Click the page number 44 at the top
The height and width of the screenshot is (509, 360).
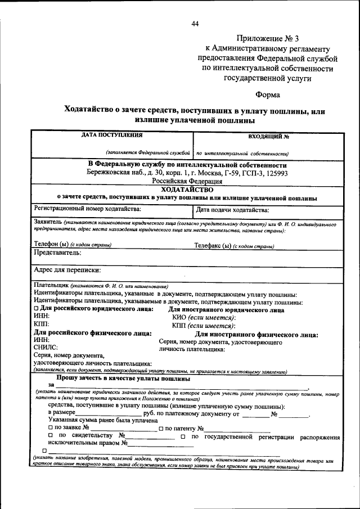195,23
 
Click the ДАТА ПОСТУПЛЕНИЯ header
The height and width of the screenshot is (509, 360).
111,135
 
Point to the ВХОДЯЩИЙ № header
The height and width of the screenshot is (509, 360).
268,136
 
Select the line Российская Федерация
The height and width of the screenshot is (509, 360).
187,182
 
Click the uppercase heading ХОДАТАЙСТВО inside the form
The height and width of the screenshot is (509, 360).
187,190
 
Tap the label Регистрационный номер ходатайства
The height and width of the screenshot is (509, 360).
87,209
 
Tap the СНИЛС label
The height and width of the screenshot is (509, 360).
46,348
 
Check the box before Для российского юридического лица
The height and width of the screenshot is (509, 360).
36,309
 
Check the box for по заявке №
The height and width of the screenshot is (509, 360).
51,429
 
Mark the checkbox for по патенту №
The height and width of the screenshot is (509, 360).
161,429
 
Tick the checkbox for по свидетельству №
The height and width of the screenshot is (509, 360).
51,436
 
